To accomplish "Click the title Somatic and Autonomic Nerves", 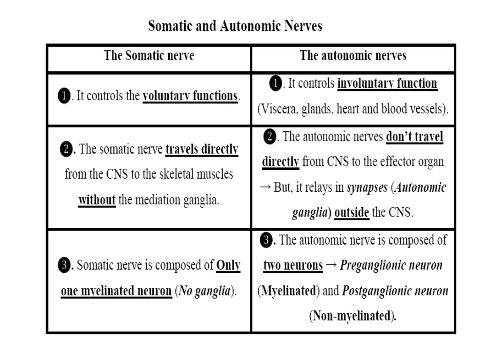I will (x=235, y=26).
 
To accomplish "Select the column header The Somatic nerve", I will (x=149, y=56).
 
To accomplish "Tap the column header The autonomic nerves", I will (x=353, y=56).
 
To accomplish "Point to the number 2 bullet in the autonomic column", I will (x=270, y=137).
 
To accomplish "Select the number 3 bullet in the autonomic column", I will (x=267, y=240).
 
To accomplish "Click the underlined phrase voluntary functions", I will (x=190, y=97).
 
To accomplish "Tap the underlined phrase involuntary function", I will (x=387, y=84).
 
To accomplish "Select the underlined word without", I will (x=97, y=200).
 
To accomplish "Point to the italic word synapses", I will (x=367, y=188).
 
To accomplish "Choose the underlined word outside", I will (x=352, y=213).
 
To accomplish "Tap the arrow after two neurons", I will (x=331, y=266).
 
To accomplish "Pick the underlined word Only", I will (x=228, y=266).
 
